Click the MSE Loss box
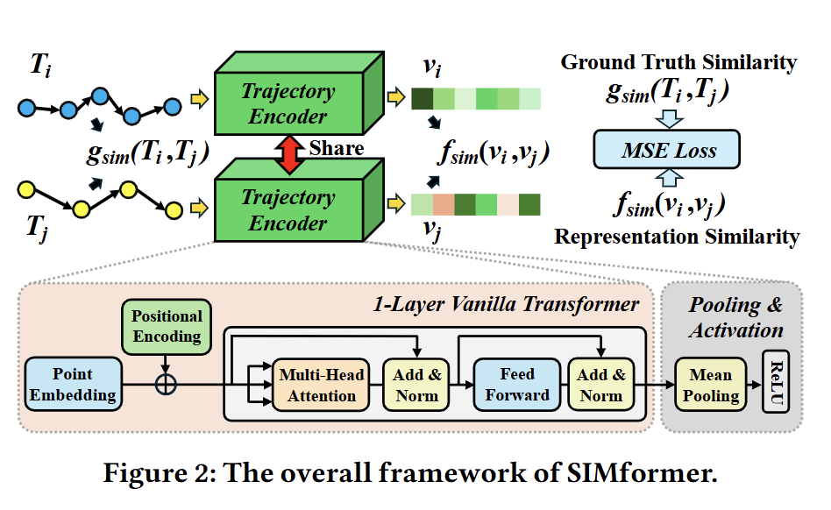(669, 151)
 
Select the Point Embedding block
(73, 384)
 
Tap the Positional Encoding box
(167, 326)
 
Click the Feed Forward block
(517, 385)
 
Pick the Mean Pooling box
(710, 385)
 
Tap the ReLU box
(777, 386)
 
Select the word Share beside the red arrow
(336, 147)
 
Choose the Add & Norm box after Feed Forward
(601, 385)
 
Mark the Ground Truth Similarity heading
(678, 62)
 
